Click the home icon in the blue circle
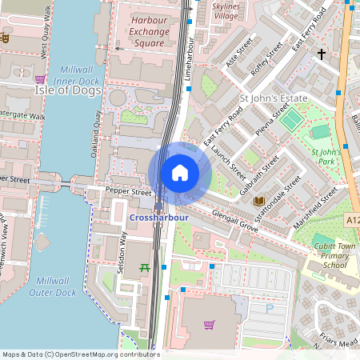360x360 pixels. tap(179, 173)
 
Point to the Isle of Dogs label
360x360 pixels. tap(68, 90)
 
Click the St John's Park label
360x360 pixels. tap(326, 156)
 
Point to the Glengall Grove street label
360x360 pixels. tap(236, 224)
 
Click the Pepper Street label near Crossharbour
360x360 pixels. tap(129, 193)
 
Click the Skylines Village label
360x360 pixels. tap(226, 10)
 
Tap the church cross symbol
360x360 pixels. tap(322, 54)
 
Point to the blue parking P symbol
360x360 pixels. tap(269, 307)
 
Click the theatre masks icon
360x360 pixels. tap(6, 37)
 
